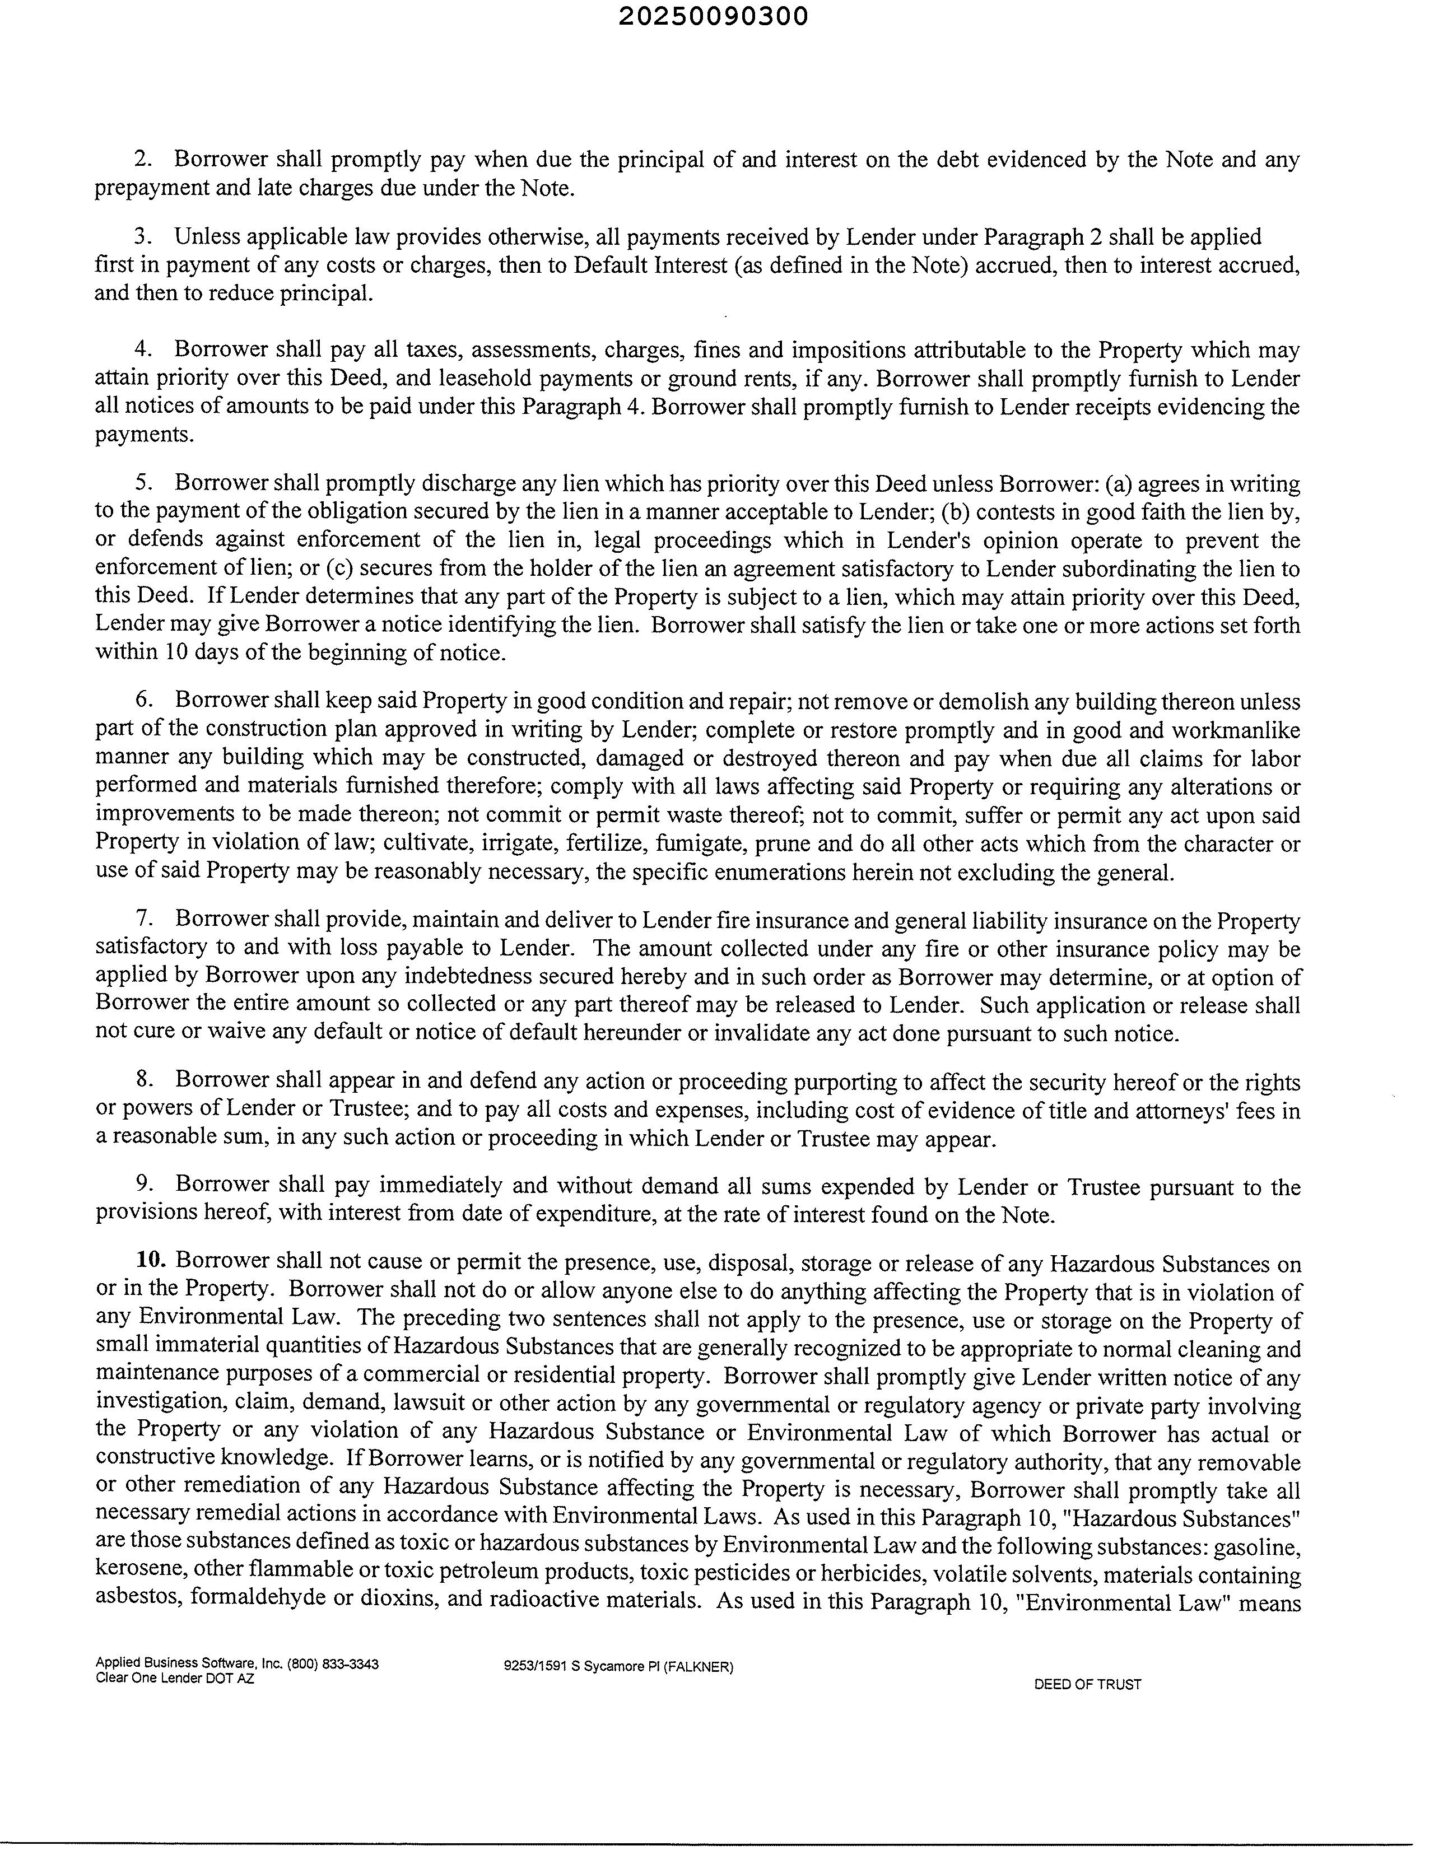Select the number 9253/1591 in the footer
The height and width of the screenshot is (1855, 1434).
pyautogui.click(x=533, y=1666)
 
